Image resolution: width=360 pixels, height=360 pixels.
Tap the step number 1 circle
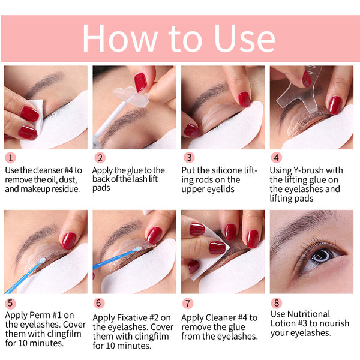pyautogui.click(x=10, y=158)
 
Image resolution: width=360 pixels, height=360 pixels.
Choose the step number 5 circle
pyautogui.click(x=10, y=304)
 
